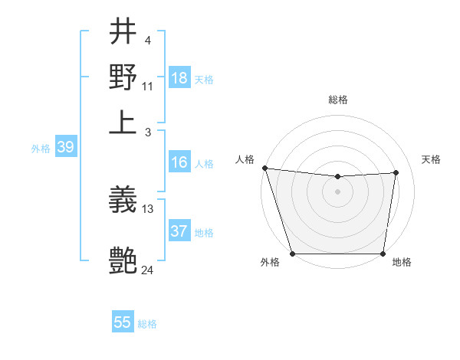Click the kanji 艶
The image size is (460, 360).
click(x=123, y=260)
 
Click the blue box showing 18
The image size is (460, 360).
click(x=179, y=78)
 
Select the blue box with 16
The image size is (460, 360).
click(x=179, y=162)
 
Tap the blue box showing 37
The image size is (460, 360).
click(x=179, y=231)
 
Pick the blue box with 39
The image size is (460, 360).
click(x=65, y=148)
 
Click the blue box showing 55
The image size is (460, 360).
click(x=123, y=322)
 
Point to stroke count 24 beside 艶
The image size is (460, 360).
click(x=147, y=270)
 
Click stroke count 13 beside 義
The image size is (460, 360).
click(x=148, y=208)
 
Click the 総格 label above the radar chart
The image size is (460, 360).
click(x=337, y=100)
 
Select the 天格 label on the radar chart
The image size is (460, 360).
click(x=431, y=159)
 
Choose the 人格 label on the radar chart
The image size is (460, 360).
click(x=245, y=159)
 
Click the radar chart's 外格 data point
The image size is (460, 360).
click(x=292, y=254)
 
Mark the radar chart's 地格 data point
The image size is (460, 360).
click(x=383, y=254)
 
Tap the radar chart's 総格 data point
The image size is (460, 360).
click(x=337, y=177)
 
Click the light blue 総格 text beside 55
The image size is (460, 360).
click(x=147, y=324)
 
